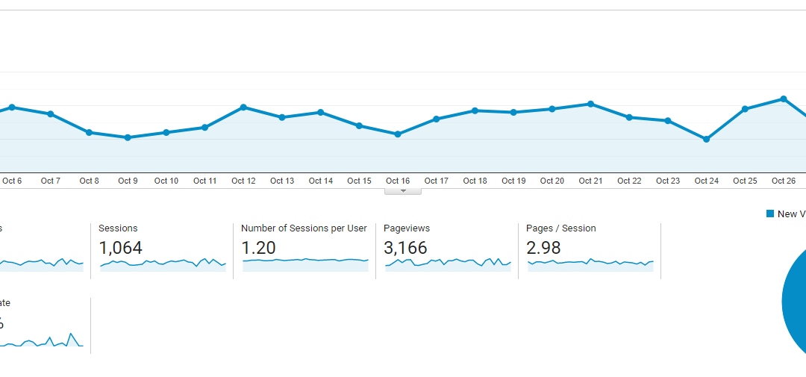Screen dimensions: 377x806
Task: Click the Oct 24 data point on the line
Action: (706, 139)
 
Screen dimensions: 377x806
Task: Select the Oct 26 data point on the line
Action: (783, 99)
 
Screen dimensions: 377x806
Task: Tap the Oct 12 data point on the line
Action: (243, 107)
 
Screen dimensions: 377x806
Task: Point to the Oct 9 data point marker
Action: (128, 137)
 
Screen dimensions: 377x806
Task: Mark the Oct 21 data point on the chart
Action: (590, 104)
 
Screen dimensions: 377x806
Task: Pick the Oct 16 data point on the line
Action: (398, 134)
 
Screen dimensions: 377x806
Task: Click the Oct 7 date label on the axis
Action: (51, 181)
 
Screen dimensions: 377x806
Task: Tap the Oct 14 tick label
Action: (320, 181)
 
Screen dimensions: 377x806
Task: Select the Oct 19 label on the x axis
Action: (513, 181)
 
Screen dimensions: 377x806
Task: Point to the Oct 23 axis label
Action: (668, 181)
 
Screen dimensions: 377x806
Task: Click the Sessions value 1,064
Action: (120, 248)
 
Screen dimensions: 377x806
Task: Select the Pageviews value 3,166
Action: (405, 248)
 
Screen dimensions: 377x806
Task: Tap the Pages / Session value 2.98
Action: (543, 248)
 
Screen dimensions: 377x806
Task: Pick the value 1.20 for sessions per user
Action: (258, 248)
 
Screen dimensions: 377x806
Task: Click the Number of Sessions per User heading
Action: (304, 228)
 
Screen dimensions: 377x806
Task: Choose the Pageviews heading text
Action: (407, 228)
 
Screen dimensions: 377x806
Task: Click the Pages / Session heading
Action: (560, 228)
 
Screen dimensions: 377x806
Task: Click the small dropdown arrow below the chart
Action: (403, 191)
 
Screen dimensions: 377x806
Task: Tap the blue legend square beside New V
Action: (770, 214)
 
